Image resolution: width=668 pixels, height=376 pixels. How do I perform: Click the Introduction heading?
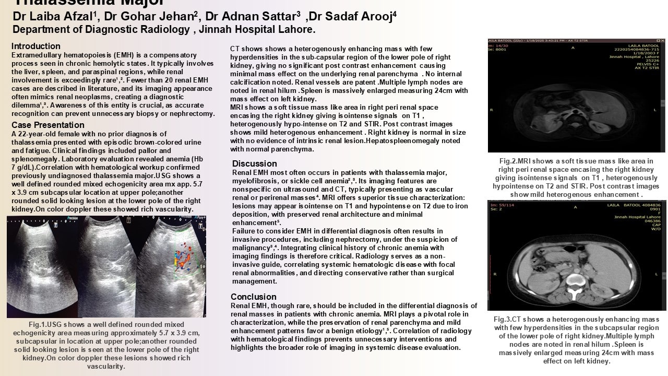click(36, 46)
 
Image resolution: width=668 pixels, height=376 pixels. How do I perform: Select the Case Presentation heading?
click(48, 125)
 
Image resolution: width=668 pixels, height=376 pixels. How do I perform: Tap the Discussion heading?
click(255, 163)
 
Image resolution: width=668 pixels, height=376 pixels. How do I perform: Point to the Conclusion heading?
click(254, 297)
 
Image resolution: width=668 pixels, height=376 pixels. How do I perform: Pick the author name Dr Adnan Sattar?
click(252, 17)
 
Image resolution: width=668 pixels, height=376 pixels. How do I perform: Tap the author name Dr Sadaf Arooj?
click(352, 17)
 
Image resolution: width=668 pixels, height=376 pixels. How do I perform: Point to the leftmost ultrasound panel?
click(42, 266)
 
